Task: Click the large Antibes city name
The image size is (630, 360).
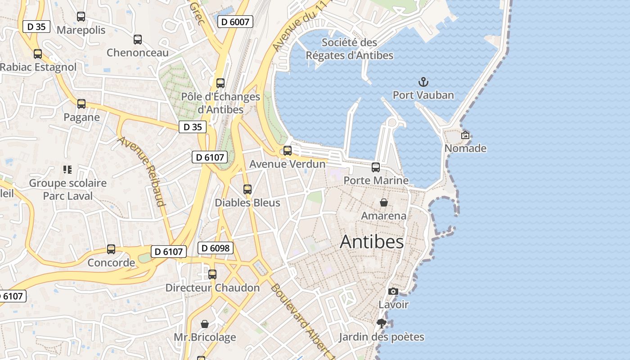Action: (x=372, y=242)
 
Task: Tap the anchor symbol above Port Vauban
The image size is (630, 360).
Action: (x=423, y=82)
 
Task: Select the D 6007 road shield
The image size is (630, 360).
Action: (x=235, y=21)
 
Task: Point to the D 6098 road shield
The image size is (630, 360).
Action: (x=216, y=247)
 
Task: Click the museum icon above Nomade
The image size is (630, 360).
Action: (x=465, y=135)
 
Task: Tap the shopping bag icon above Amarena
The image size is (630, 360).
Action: (x=384, y=202)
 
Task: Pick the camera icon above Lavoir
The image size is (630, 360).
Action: (x=393, y=291)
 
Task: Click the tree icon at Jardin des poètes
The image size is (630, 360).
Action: (x=382, y=323)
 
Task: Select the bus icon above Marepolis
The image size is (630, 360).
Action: (x=81, y=17)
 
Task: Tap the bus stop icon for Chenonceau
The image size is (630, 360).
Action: (x=138, y=40)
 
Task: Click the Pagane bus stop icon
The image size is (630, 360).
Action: (x=81, y=104)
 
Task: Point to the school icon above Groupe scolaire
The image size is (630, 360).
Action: (x=67, y=170)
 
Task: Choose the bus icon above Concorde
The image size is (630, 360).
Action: (x=111, y=249)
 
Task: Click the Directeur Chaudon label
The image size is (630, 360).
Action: (x=212, y=288)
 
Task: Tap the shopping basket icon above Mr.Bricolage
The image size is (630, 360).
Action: (x=205, y=324)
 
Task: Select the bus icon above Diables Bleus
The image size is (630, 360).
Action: (x=247, y=189)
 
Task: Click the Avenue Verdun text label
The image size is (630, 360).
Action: (x=287, y=164)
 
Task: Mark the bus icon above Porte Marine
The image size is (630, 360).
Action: (x=376, y=167)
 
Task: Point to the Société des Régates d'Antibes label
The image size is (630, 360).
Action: (x=350, y=49)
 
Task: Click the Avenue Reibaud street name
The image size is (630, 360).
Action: (x=141, y=171)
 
